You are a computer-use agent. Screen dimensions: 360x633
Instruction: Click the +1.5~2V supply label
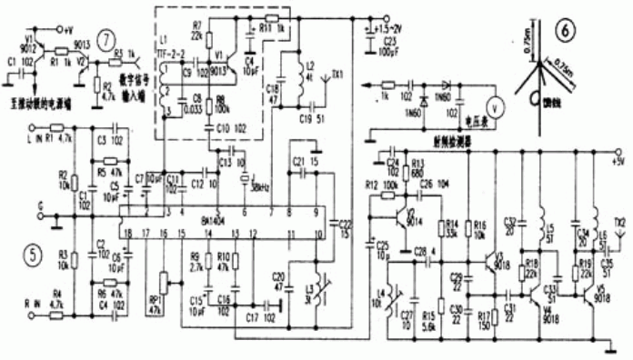393,29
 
